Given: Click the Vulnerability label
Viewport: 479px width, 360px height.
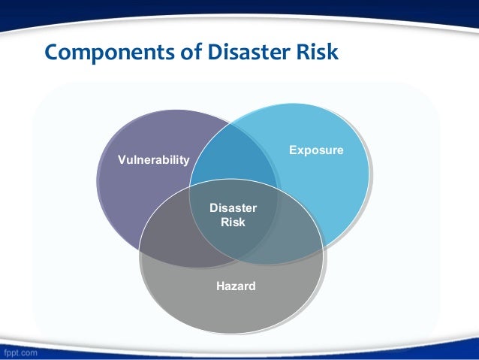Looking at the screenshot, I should pyautogui.click(x=154, y=160).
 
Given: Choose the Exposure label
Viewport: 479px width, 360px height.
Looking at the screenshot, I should pyautogui.click(x=316, y=150).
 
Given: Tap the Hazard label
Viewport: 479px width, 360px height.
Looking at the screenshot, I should pyautogui.click(x=236, y=286).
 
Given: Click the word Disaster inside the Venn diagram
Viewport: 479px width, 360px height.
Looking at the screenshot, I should pyautogui.click(x=233, y=208).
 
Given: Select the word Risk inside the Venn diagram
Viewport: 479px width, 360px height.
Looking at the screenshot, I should pyautogui.click(x=233, y=222).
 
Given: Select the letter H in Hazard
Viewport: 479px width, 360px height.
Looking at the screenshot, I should pyautogui.click(x=220, y=286).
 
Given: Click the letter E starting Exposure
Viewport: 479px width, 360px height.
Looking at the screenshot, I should pyautogui.click(x=293, y=150).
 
